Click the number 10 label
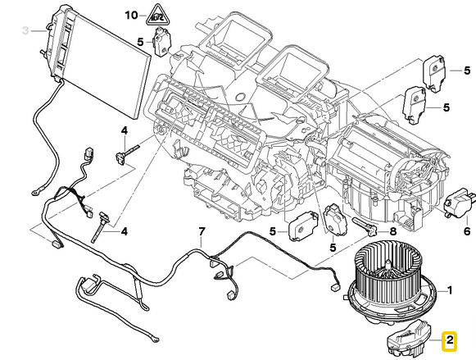click(x=132, y=16)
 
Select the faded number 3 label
click(x=25, y=30)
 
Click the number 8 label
click(x=392, y=232)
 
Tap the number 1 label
click(x=448, y=289)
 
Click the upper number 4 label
click(x=125, y=130)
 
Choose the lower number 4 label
click(x=125, y=232)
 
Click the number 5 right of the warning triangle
click(x=141, y=42)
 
